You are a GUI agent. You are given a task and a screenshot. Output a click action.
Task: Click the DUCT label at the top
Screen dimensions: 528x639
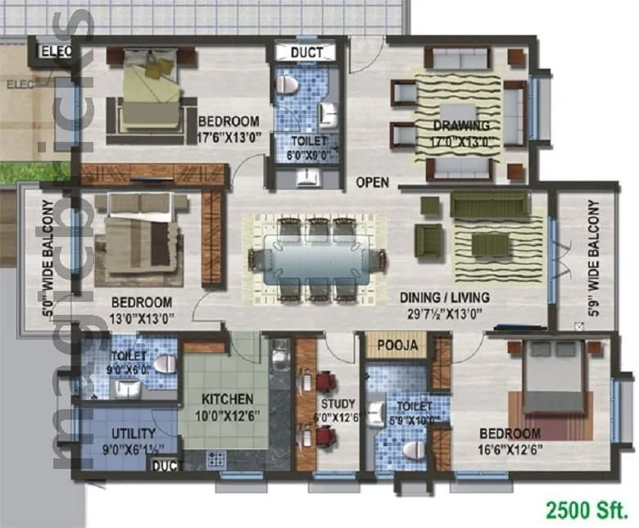(307, 53)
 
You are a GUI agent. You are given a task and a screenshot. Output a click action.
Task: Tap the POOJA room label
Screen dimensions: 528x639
(398, 345)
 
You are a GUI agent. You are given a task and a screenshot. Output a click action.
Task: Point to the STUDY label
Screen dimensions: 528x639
(338, 403)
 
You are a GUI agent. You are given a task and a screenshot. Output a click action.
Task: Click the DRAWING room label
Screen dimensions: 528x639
(461, 125)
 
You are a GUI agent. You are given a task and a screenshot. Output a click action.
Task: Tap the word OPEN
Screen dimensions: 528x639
(372, 182)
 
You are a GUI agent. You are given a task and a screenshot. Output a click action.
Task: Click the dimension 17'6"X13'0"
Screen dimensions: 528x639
(229, 138)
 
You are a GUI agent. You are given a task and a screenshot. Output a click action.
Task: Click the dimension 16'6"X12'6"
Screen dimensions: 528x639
(510, 449)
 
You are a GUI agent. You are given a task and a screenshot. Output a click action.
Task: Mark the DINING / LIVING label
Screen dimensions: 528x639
(444, 297)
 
